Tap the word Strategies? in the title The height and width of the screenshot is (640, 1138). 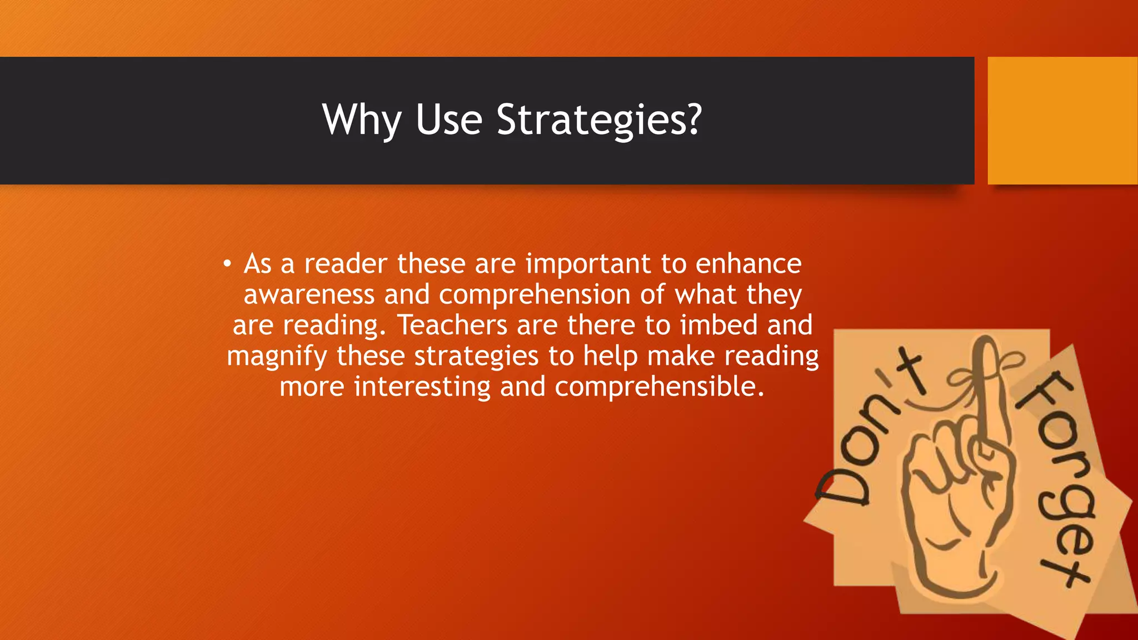(599, 120)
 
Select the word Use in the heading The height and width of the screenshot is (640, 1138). (448, 120)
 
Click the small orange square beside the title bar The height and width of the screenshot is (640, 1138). (1062, 120)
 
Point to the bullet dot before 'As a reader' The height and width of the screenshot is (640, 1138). (227, 264)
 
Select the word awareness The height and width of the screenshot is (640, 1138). (309, 294)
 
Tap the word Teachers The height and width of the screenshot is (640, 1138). (452, 325)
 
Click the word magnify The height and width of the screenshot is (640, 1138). (277, 357)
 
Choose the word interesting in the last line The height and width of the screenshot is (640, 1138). (422, 387)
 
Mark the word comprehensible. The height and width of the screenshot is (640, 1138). (660, 387)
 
